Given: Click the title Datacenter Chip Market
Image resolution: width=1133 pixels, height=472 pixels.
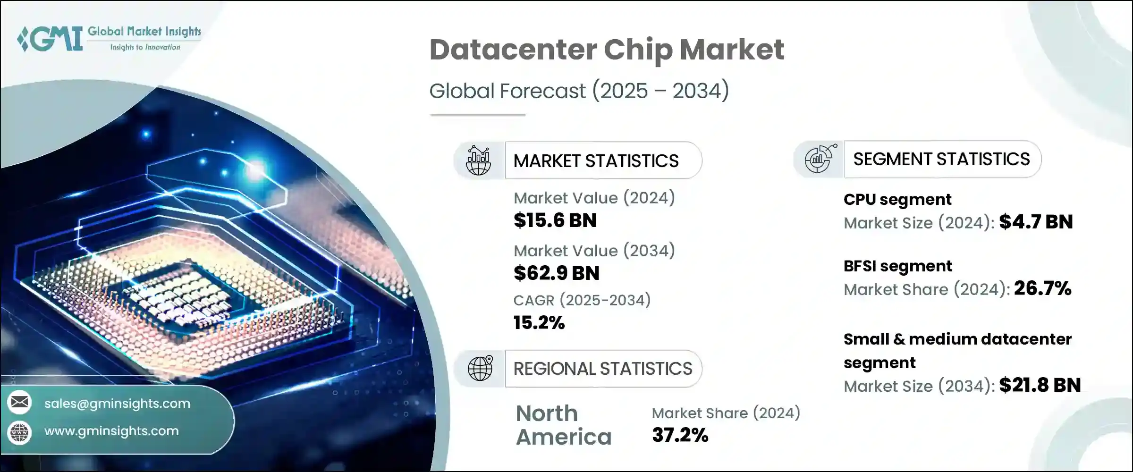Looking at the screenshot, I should pyautogui.click(x=607, y=50).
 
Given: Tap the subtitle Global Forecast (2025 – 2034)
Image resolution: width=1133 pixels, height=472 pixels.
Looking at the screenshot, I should pyautogui.click(x=579, y=91).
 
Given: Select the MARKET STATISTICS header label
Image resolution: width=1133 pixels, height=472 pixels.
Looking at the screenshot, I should pyautogui.click(x=596, y=161).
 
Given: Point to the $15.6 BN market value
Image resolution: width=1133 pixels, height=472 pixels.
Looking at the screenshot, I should pyautogui.click(x=555, y=220).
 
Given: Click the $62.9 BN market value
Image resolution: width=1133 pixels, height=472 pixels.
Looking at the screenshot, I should pyautogui.click(x=556, y=273).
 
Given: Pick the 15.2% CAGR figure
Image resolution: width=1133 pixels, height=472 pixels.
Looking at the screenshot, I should pyautogui.click(x=539, y=323).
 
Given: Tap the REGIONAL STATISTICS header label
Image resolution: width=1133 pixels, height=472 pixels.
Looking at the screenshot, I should pyautogui.click(x=602, y=369).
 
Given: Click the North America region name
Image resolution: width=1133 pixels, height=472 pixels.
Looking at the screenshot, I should pyautogui.click(x=563, y=425).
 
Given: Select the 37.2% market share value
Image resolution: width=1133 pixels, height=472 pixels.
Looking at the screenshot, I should pyautogui.click(x=680, y=435).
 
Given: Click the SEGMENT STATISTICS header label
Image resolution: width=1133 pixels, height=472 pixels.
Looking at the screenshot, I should pyautogui.click(x=941, y=160).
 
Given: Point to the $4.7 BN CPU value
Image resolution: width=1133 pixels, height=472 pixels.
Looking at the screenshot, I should pyautogui.click(x=1036, y=222).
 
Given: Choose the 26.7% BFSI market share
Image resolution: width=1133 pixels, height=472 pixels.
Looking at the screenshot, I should pyautogui.click(x=1042, y=288).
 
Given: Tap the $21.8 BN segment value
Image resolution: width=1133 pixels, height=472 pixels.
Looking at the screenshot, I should pyautogui.click(x=1040, y=385).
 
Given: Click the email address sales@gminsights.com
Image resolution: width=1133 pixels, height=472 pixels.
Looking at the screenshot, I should pyautogui.click(x=117, y=404).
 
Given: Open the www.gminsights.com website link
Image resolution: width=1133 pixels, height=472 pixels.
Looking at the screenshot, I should pyautogui.click(x=111, y=431).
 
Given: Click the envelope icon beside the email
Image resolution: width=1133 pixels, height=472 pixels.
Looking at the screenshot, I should pyautogui.click(x=20, y=403).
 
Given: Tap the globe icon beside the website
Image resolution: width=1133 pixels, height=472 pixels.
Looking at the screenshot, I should pyautogui.click(x=20, y=432).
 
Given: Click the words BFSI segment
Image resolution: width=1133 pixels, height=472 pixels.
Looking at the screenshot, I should pyautogui.click(x=897, y=266).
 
